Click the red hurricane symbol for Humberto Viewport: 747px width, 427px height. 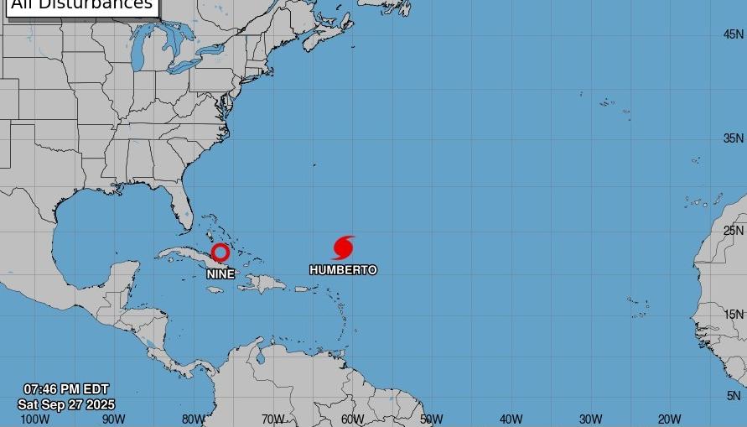click(343, 247)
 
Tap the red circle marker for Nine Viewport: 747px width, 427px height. click(220, 252)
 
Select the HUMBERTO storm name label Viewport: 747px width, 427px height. click(343, 270)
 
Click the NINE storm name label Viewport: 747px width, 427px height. click(220, 274)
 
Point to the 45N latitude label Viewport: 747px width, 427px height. click(734, 34)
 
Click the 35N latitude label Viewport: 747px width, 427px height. click(734, 138)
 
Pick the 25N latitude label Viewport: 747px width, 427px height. click(734, 231)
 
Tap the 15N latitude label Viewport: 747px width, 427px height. click(734, 315)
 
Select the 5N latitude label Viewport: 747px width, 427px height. click(734, 396)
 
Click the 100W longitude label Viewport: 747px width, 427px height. click(34, 419)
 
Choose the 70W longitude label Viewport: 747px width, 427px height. click(272, 419)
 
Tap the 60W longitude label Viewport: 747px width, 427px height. click(352, 419)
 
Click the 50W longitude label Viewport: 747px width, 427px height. click(431, 419)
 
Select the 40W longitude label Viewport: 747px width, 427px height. click(511, 419)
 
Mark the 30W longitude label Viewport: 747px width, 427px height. click(590, 419)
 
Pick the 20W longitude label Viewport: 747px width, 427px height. click(669, 419)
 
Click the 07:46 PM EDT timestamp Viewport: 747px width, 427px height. click(66, 390)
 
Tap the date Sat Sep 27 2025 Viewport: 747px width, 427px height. click(66, 404)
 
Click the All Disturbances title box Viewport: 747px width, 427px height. click(81, 5)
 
